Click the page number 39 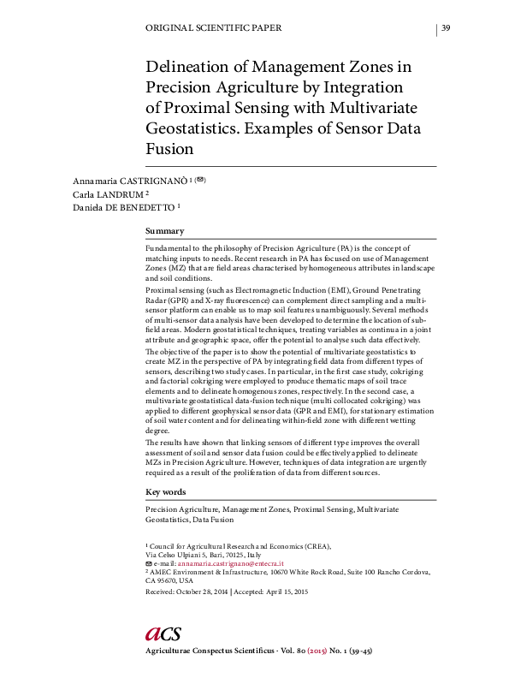click(446, 28)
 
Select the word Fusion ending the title click(170, 148)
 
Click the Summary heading click(165, 231)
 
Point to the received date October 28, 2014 click(202, 592)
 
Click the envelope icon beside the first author click(200, 180)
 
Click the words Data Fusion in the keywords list click(213, 519)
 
